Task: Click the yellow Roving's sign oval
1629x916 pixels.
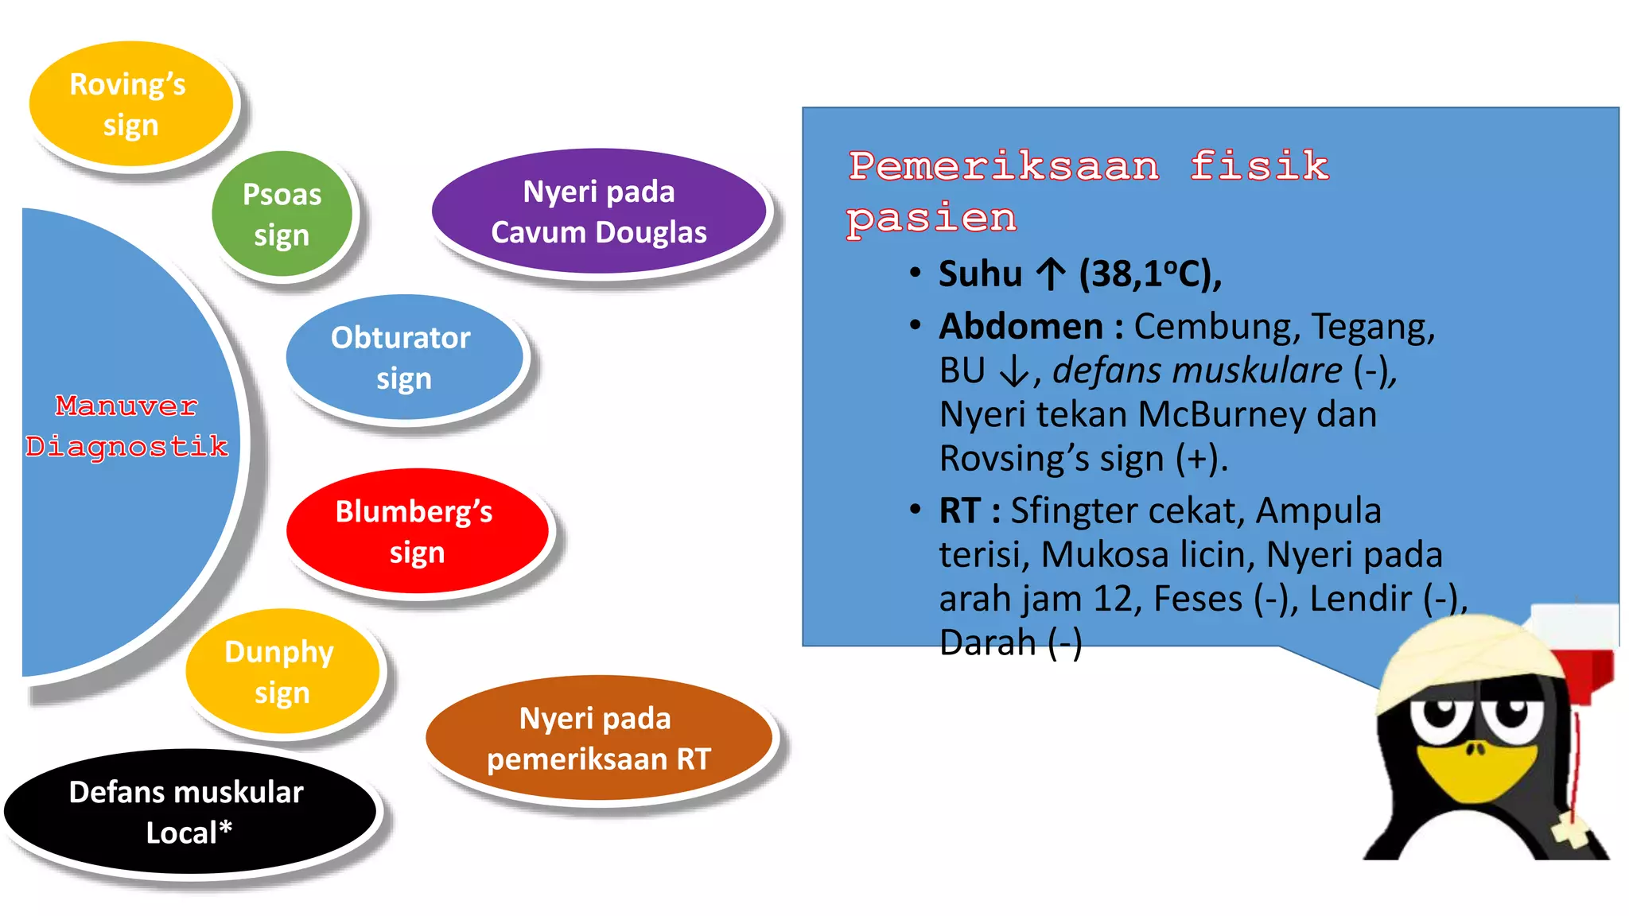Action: (x=131, y=104)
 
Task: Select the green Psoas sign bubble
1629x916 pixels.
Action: (x=282, y=214)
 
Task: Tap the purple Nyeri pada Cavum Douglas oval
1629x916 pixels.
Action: (x=599, y=212)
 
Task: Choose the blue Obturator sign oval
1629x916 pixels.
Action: (x=403, y=357)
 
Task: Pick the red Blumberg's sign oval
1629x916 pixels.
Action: (x=416, y=531)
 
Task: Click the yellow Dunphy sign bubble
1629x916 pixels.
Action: (x=282, y=672)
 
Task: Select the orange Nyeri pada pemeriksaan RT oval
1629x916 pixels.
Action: (x=599, y=739)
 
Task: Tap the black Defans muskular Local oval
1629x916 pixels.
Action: (x=189, y=812)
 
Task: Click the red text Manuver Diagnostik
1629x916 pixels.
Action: (x=126, y=426)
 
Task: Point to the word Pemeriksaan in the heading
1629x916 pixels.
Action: (x=1004, y=166)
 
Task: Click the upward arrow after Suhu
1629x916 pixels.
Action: (x=1051, y=274)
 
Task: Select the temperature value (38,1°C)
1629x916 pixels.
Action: (x=1149, y=274)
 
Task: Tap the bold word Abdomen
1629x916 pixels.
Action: (x=1021, y=327)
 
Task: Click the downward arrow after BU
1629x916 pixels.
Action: (x=1014, y=371)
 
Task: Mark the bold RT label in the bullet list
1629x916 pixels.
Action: (x=959, y=510)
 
